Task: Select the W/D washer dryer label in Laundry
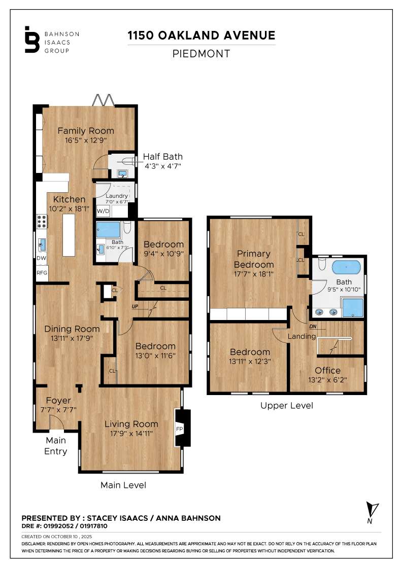[x=103, y=210]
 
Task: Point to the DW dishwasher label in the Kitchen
[x=41, y=258]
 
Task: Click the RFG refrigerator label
[x=42, y=273]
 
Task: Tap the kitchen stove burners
[x=41, y=221]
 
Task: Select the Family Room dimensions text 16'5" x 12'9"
[x=85, y=140]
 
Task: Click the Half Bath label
[x=162, y=157]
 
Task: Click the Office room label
[x=327, y=370]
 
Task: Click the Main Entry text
[x=56, y=446]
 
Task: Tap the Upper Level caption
[x=286, y=406]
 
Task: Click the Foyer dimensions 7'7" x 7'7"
[x=58, y=410]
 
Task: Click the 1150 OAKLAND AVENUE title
[x=202, y=35]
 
